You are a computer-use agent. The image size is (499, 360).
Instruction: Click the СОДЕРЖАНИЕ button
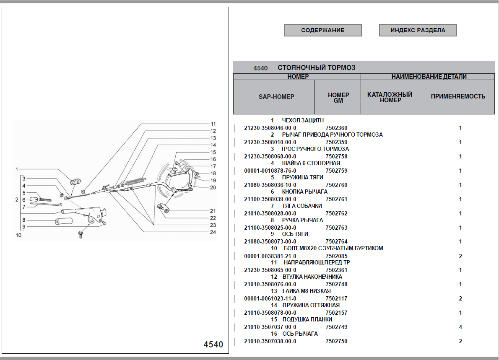pyautogui.click(x=322, y=30)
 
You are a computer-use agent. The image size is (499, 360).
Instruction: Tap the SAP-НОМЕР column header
pyautogui.click(x=276, y=96)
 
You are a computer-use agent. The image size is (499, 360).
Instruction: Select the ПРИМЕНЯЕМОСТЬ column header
pyautogui.click(x=458, y=96)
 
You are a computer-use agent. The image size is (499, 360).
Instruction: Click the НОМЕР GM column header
pyautogui.click(x=338, y=98)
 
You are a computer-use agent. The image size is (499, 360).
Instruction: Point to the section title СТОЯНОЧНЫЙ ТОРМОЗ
pyautogui.click(x=316, y=67)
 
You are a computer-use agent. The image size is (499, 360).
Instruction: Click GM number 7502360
pyautogui.click(x=336, y=128)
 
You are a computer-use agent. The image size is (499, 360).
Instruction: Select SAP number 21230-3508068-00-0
pyautogui.click(x=270, y=157)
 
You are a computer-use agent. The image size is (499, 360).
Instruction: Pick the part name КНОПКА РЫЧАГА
pyautogui.click(x=304, y=192)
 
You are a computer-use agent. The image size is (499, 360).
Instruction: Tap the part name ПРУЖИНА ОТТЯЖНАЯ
pyautogui.click(x=311, y=305)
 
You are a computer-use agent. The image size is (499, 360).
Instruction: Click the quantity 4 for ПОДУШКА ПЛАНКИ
pyautogui.click(x=460, y=327)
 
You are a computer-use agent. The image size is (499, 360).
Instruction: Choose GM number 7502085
pyautogui.click(x=336, y=256)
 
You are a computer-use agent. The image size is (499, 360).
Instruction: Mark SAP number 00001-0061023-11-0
pyautogui.click(x=270, y=299)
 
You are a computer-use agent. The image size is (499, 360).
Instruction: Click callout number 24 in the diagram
pyautogui.click(x=213, y=232)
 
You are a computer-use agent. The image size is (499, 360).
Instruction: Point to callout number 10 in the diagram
pyautogui.click(x=18, y=235)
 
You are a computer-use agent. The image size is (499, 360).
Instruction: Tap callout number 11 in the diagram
pyautogui.click(x=213, y=124)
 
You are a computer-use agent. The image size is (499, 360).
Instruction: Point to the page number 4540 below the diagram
pyautogui.click(x=213, y=344)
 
